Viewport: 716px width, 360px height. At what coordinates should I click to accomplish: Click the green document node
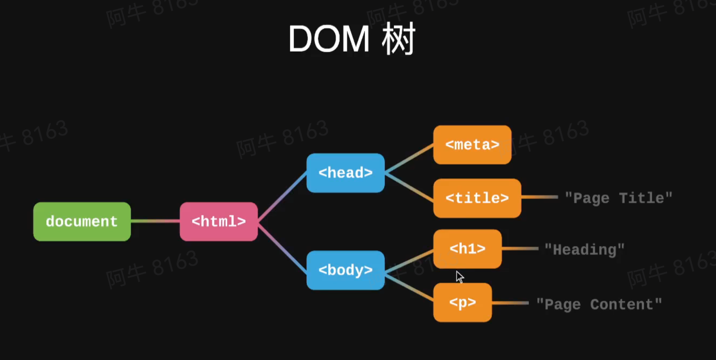pyautogui.click(x=82, y=221)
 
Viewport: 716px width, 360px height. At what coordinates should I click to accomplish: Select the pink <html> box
pyautogui.click(x=218, y=221)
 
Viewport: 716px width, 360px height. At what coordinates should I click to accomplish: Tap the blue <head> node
pyautogui.click(x=345, y=173)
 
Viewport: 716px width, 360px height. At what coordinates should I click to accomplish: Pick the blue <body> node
pyautogui.click(x=345, y=270)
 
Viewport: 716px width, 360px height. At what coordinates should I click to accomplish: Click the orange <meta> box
pyautogui.click(x=472, y=145)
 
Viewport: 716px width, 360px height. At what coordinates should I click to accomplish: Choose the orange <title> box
pyautogui.click(x=477, y=198)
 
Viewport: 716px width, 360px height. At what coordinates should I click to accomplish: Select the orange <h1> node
pyautogui.click(x=467, y=249)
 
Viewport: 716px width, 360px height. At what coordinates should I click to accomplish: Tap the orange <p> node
pyautogui.click(x=462, y=302)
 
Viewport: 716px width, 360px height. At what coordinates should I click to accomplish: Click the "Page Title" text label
pyautogui.click(x=618, y=198)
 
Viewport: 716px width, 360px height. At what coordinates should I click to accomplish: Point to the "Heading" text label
pyautogui.click(x=584, y=250)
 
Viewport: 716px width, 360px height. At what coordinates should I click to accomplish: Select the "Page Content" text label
pyautogui.click(x=599, y=304)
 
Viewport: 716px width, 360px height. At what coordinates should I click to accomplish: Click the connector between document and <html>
pyautogui.click(x=155, y=221)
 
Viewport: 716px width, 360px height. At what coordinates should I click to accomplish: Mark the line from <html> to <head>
pyautogui.click(x=282, y=197)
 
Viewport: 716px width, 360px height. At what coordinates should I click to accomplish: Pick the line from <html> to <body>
pyautogui.click(x=282, y=246)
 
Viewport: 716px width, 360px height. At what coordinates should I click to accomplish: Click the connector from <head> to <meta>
pyautogui.click(x=409, y=159)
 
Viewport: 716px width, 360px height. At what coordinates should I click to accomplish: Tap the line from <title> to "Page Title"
pyautogui.click(x=539, y=197)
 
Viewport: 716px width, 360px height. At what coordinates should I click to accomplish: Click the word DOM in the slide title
pyautogui.click(x=329, y=40)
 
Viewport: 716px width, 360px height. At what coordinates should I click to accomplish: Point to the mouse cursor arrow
pyautogui.click(x=459, y=276)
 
